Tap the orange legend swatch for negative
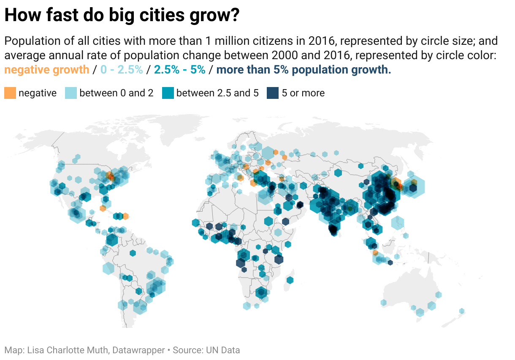pos(11,93)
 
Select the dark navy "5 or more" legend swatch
pos(273,93)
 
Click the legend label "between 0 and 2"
pos(116,93)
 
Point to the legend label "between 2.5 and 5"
pos(217,93)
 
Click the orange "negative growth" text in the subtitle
pos(47,70)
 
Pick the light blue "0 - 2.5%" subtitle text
pos(122,70)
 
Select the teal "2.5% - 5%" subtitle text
pos(180,70)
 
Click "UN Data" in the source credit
pos(223,350)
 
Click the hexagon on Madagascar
pos(290,280)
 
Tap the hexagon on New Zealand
pos(462,311)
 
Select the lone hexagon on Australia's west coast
pos(383,303)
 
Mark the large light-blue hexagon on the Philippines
pos(397,223)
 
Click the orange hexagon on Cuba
pos(103,208)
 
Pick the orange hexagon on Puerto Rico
pos(125,216)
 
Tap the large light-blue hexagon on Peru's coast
pos(108,268)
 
